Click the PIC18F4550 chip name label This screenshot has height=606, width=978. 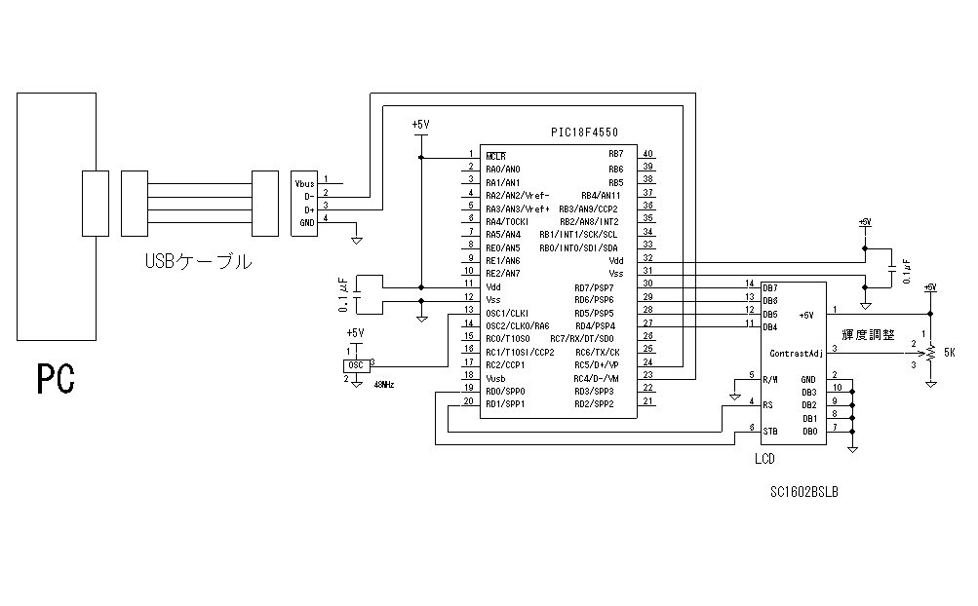(x=585, y=132)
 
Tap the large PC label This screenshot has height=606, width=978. (x=57, y=379)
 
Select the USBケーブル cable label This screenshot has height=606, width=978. (x=198, y=261)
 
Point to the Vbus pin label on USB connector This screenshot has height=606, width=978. (x=305, y=182)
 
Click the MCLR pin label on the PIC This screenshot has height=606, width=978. (x=495, y=156)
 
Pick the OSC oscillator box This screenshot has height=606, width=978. (x=354, y=365)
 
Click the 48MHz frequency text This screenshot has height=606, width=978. (x=384, y=385)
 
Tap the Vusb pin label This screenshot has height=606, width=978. (x=495, y=377)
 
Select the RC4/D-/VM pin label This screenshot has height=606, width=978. (x=597, y=378)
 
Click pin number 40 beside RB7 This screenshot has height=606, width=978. (x=647, y=154)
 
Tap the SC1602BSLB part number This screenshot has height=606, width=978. (x=803, y=493)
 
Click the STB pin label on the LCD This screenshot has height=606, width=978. (x=771, y=431)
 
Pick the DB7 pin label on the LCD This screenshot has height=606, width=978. (x=770, y=287)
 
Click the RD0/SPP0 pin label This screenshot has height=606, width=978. (x=505, y=391)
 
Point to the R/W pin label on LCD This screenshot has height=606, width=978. (x=771, y=379)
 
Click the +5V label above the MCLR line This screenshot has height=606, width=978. (x=420, y=125)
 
